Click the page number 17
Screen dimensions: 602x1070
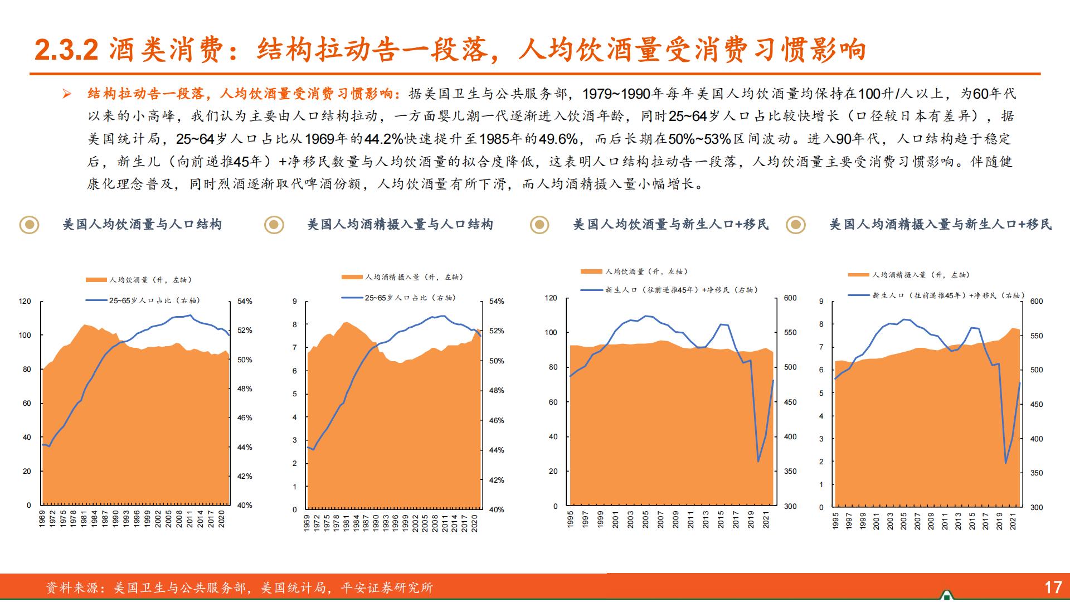(1053, 587)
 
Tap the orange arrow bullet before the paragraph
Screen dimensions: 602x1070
(67, 94)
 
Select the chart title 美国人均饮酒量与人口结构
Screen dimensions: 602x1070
(142, 225)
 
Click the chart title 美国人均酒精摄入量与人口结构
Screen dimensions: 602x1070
(400, 225)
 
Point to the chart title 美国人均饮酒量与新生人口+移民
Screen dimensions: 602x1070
(671, 225)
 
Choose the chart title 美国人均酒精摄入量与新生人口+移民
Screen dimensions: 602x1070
(940, 225)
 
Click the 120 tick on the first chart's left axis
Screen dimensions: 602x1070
(25, 301)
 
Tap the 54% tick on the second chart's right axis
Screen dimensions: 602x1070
(496, 302)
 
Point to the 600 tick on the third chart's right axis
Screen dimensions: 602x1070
(790, 298)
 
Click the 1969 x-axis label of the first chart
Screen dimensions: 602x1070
(42, 518)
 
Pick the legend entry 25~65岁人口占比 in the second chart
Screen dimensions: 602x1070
(410, 298)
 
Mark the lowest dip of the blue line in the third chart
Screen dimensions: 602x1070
(758, 461)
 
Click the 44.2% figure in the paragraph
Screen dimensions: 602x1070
(383, 139)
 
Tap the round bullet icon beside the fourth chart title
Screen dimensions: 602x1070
(796, 225)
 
